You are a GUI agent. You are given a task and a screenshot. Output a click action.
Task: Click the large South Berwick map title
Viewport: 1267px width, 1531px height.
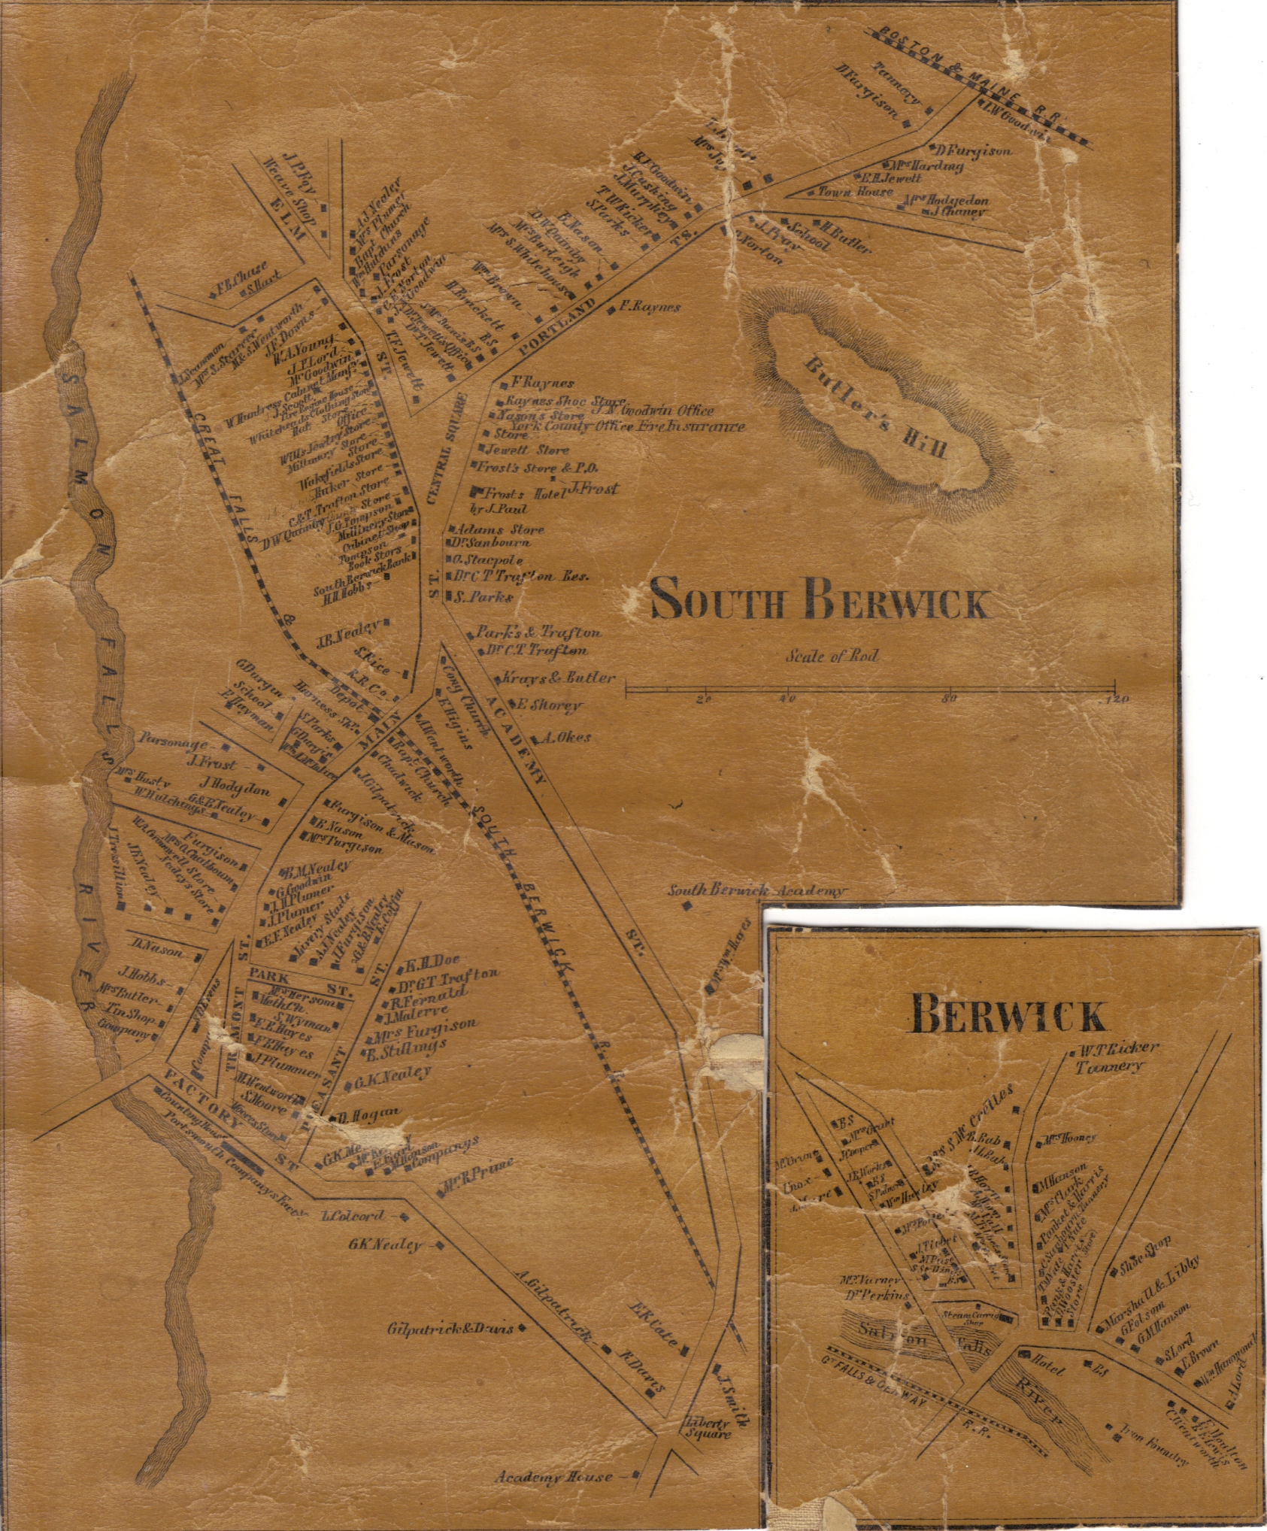tap(818, 602)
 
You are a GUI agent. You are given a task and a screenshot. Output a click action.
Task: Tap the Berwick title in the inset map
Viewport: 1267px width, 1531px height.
tap(1008, 1017)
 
